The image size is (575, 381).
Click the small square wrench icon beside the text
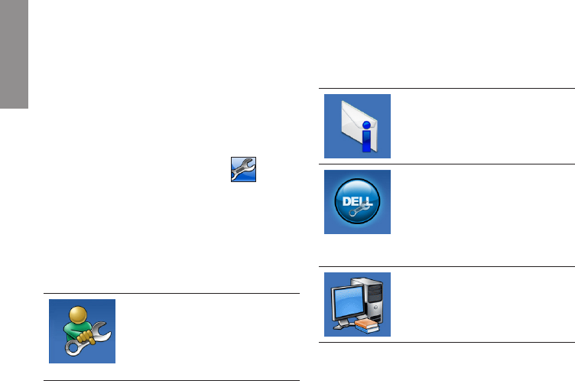[x=244, y=169]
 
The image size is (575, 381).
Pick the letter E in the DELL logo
[x=353, y=200]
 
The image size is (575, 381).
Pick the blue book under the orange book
[x=365, y=330]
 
